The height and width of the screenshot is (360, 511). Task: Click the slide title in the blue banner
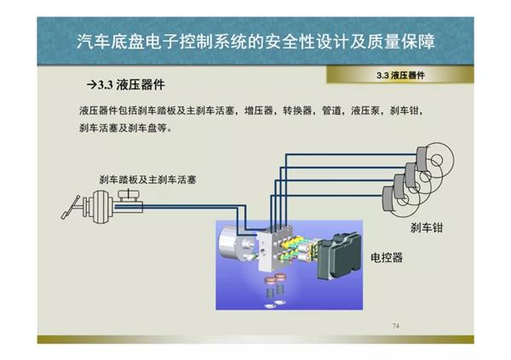coord(255,42)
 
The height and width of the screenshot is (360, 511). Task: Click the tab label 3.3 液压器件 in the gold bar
coord(400,76)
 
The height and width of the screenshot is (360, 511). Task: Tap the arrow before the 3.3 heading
coord(92,85)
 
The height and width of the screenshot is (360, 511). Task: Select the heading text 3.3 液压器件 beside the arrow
coord(131,85)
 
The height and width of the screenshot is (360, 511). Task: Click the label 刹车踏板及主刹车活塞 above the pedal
coord(147,180)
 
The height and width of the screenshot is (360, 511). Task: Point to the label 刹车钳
coord(427,228)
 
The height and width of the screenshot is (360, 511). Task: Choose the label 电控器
coord(387,258)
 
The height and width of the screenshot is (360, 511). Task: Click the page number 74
coord(396,325)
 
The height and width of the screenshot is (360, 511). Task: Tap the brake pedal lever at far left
coord(71,207)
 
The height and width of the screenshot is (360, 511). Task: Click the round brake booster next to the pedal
coord(101,206)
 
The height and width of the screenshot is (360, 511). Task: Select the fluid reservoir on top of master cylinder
coord(129,196)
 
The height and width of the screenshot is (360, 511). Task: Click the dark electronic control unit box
coord(339,256)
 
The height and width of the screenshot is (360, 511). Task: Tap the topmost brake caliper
coord(422,158)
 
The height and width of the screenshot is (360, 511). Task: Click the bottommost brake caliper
coord(389,199)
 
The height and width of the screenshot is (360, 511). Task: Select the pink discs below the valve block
coord(276,278)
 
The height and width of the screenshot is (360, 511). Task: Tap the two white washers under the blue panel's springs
coord(275,305)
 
